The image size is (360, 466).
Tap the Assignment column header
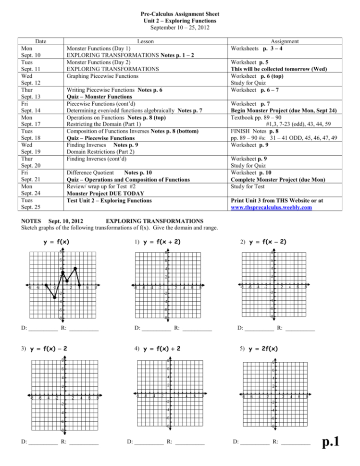pos(285,42)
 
